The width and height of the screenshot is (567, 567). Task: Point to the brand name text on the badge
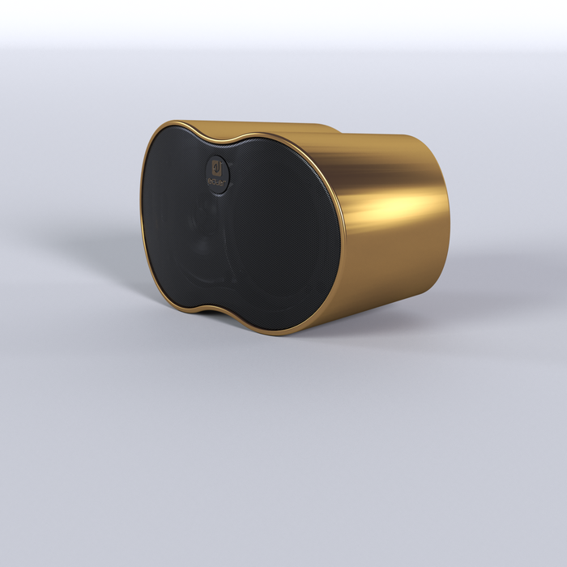(218, 181)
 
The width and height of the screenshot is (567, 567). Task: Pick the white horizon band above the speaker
(283, 24)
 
